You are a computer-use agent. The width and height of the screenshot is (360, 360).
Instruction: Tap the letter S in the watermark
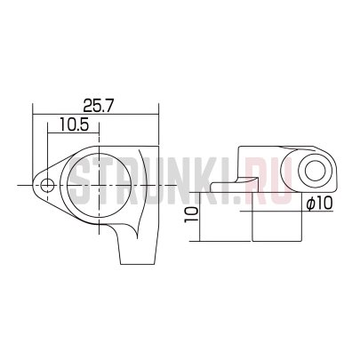coord(80,186)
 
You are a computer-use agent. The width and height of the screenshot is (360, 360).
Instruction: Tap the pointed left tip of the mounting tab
coord(34,185)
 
